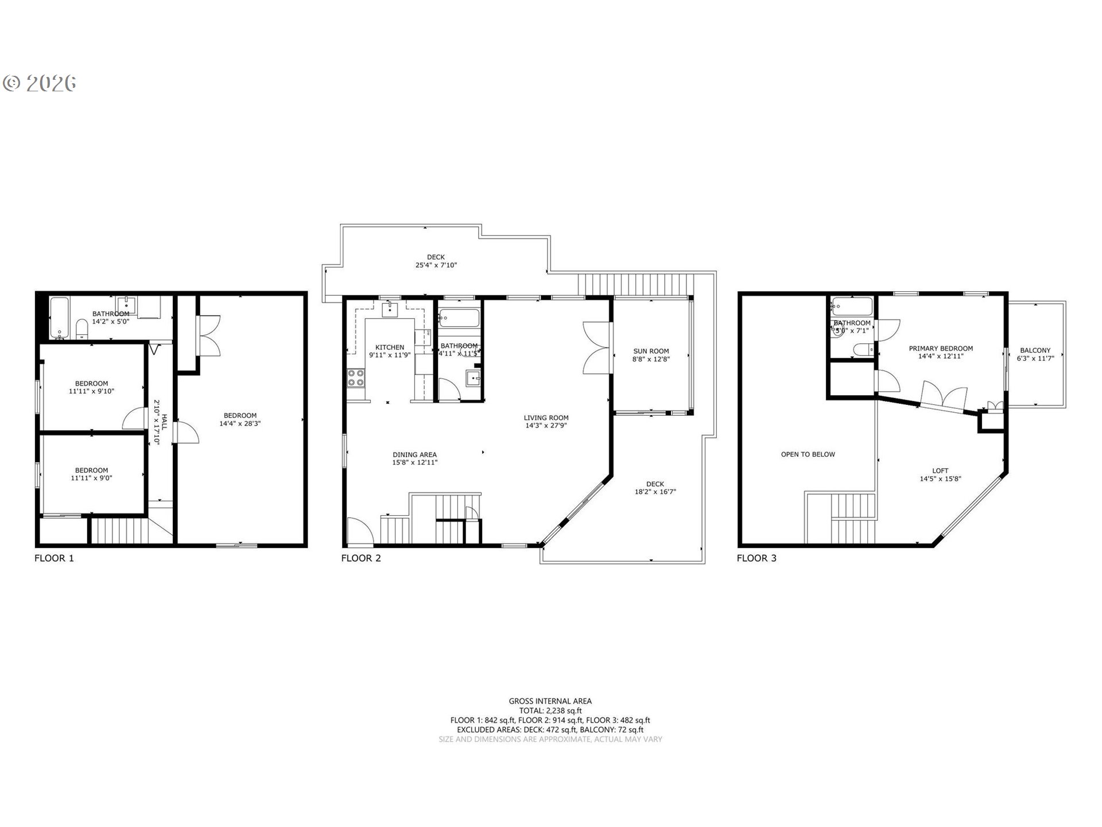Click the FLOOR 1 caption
tap(54, 558)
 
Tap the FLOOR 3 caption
tap(756, 558)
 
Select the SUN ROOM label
tap(651, 351)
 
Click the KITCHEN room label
tap(390, 347)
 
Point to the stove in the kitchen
tap(356, 378)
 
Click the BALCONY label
tap(1035, 350)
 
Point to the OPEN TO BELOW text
tap(808, 454)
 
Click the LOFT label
tap(940, 470)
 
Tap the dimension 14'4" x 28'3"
tap(240, 424)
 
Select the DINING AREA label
tap(414, 454)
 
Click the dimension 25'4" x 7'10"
tap(436, 265)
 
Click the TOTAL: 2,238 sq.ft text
tap(550, 710)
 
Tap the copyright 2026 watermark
tap(40, 83)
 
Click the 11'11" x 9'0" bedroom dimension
tap(91, 478)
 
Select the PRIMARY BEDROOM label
tap(940, 348)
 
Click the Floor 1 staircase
tap(119, 531)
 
